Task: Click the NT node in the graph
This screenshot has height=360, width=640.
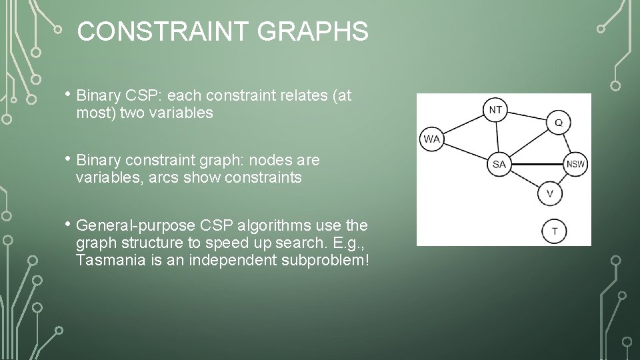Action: (495, 109)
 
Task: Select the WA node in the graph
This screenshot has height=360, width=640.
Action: (431, 139)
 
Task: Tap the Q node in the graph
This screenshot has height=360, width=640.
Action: (558, 123)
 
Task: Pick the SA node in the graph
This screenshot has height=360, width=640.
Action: (499, 164)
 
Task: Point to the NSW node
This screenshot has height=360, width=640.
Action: (576, 164)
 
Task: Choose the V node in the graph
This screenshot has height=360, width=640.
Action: (549, 193)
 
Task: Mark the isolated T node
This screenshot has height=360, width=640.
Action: (555, 231)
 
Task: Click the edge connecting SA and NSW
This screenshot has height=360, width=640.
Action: (537, 164)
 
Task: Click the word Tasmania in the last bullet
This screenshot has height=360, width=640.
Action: (109, 259)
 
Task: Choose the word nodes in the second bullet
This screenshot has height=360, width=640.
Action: (267, 161)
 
